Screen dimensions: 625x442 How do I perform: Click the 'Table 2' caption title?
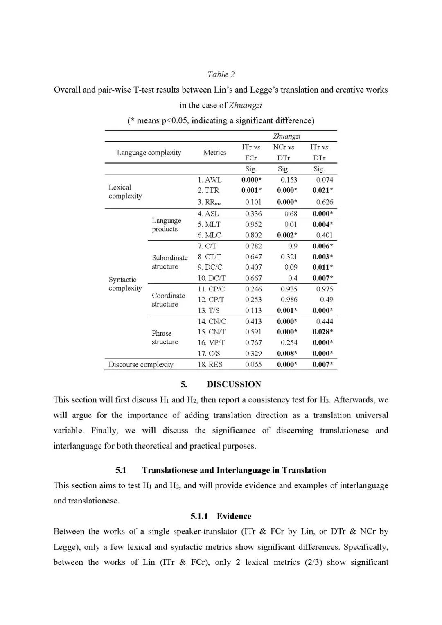coord(221,74)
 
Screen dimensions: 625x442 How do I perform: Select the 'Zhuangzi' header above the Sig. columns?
coord(286,136)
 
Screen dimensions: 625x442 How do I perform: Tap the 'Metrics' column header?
coord(214,152)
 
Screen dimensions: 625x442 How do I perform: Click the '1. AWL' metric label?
coord(210,180)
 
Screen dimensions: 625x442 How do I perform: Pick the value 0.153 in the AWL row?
coord(289,180)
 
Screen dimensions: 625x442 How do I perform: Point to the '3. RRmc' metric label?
coord(210,202)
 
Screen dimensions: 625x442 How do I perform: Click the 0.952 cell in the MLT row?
coord(253,224)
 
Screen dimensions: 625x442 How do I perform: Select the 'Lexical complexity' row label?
coord(125,192)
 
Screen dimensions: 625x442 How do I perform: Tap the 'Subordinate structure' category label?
coord(169,262)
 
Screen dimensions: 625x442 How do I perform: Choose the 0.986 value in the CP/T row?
coord(289,300)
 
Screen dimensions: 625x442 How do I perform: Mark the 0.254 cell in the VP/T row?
coord(289,343)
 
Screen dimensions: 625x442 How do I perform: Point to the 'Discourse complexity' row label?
coord(141,364)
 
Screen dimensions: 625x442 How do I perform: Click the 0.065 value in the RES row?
coord(253,364)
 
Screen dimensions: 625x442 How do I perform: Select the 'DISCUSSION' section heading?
coord(234,384)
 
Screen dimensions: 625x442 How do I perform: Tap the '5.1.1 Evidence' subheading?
coord(221,516)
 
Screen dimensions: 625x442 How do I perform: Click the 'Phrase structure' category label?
coord(165,337)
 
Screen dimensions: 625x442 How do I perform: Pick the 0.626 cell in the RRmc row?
coord(325,202)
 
